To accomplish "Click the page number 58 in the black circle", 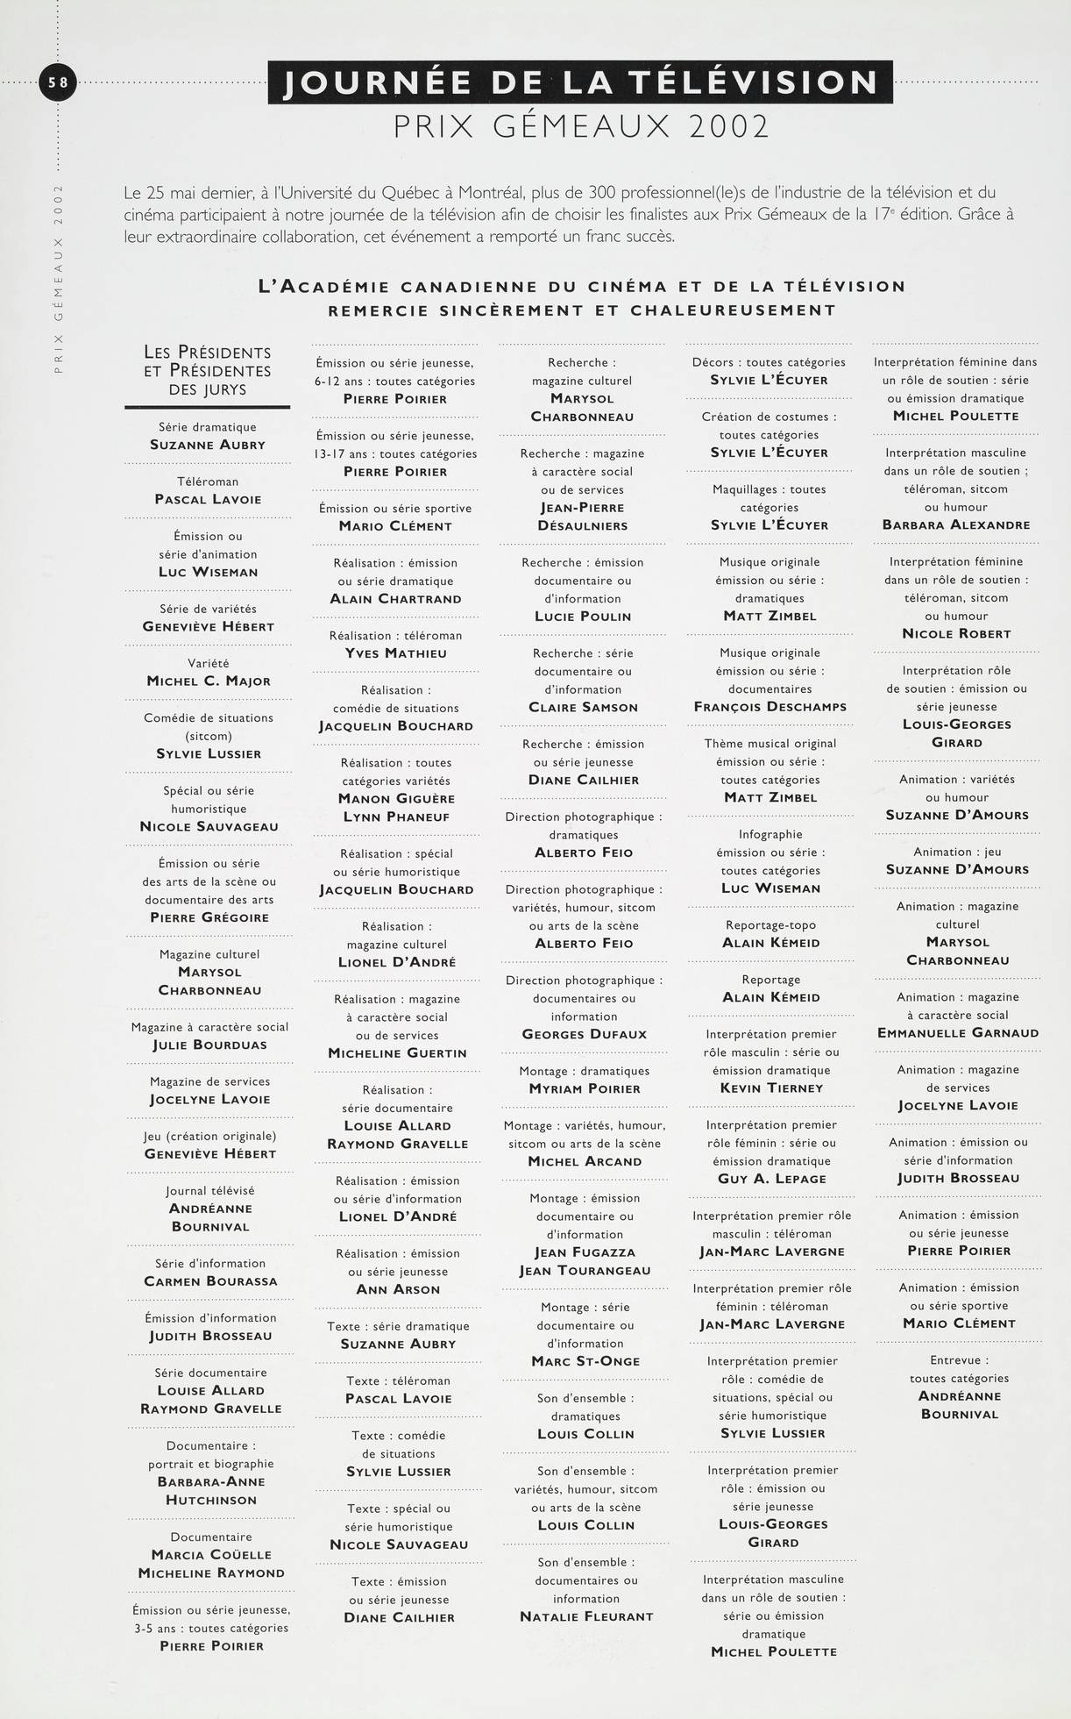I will click(58, 82).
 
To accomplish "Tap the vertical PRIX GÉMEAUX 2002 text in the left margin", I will click(59, 279).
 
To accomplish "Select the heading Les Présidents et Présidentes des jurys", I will click(208, 371).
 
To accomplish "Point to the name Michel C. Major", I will click(209, 681).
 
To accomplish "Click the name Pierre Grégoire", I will click(209, 918).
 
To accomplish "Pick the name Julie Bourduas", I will click(209, 1045).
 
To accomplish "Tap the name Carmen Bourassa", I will click(210, 1281).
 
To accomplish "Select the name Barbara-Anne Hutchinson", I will click(210, 1491).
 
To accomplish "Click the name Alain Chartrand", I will click(395, 599).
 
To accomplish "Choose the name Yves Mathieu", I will click(396, 653).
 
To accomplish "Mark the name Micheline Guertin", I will click(397, 1053).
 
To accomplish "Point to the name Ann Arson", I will click(398, 1290).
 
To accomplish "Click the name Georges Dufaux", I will click(585, 1035).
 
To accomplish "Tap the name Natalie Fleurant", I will click(586, 1616).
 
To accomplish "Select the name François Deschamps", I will click(770, 707).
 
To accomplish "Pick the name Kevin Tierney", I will click(771, 1088).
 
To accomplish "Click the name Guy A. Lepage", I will click(772, 1180).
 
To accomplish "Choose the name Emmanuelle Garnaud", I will click(958, 1033).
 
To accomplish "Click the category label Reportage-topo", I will click(770, 925).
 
